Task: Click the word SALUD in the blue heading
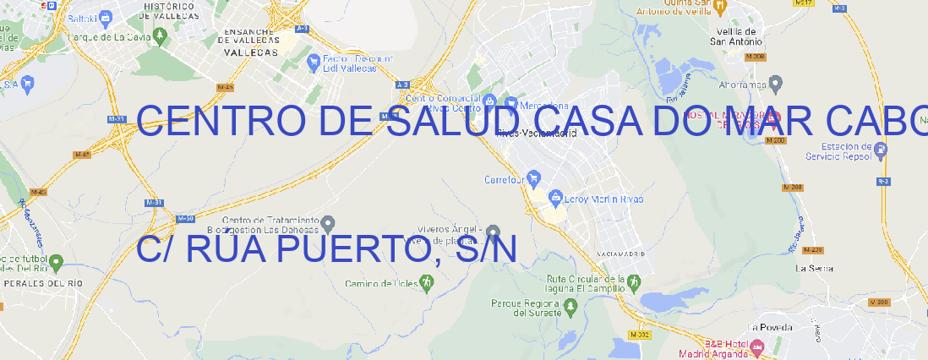456,123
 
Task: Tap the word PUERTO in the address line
343,249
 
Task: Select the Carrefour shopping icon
535,179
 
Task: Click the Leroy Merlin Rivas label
602,199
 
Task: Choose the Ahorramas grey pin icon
776,84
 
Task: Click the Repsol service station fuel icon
882,150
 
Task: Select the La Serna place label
815,268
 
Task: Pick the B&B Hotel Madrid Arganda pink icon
757,346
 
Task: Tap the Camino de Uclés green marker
426,283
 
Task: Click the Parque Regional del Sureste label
526,308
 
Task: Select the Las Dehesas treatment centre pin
329,224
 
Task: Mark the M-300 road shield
880,303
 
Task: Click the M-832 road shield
640,335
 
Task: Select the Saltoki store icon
105,16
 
